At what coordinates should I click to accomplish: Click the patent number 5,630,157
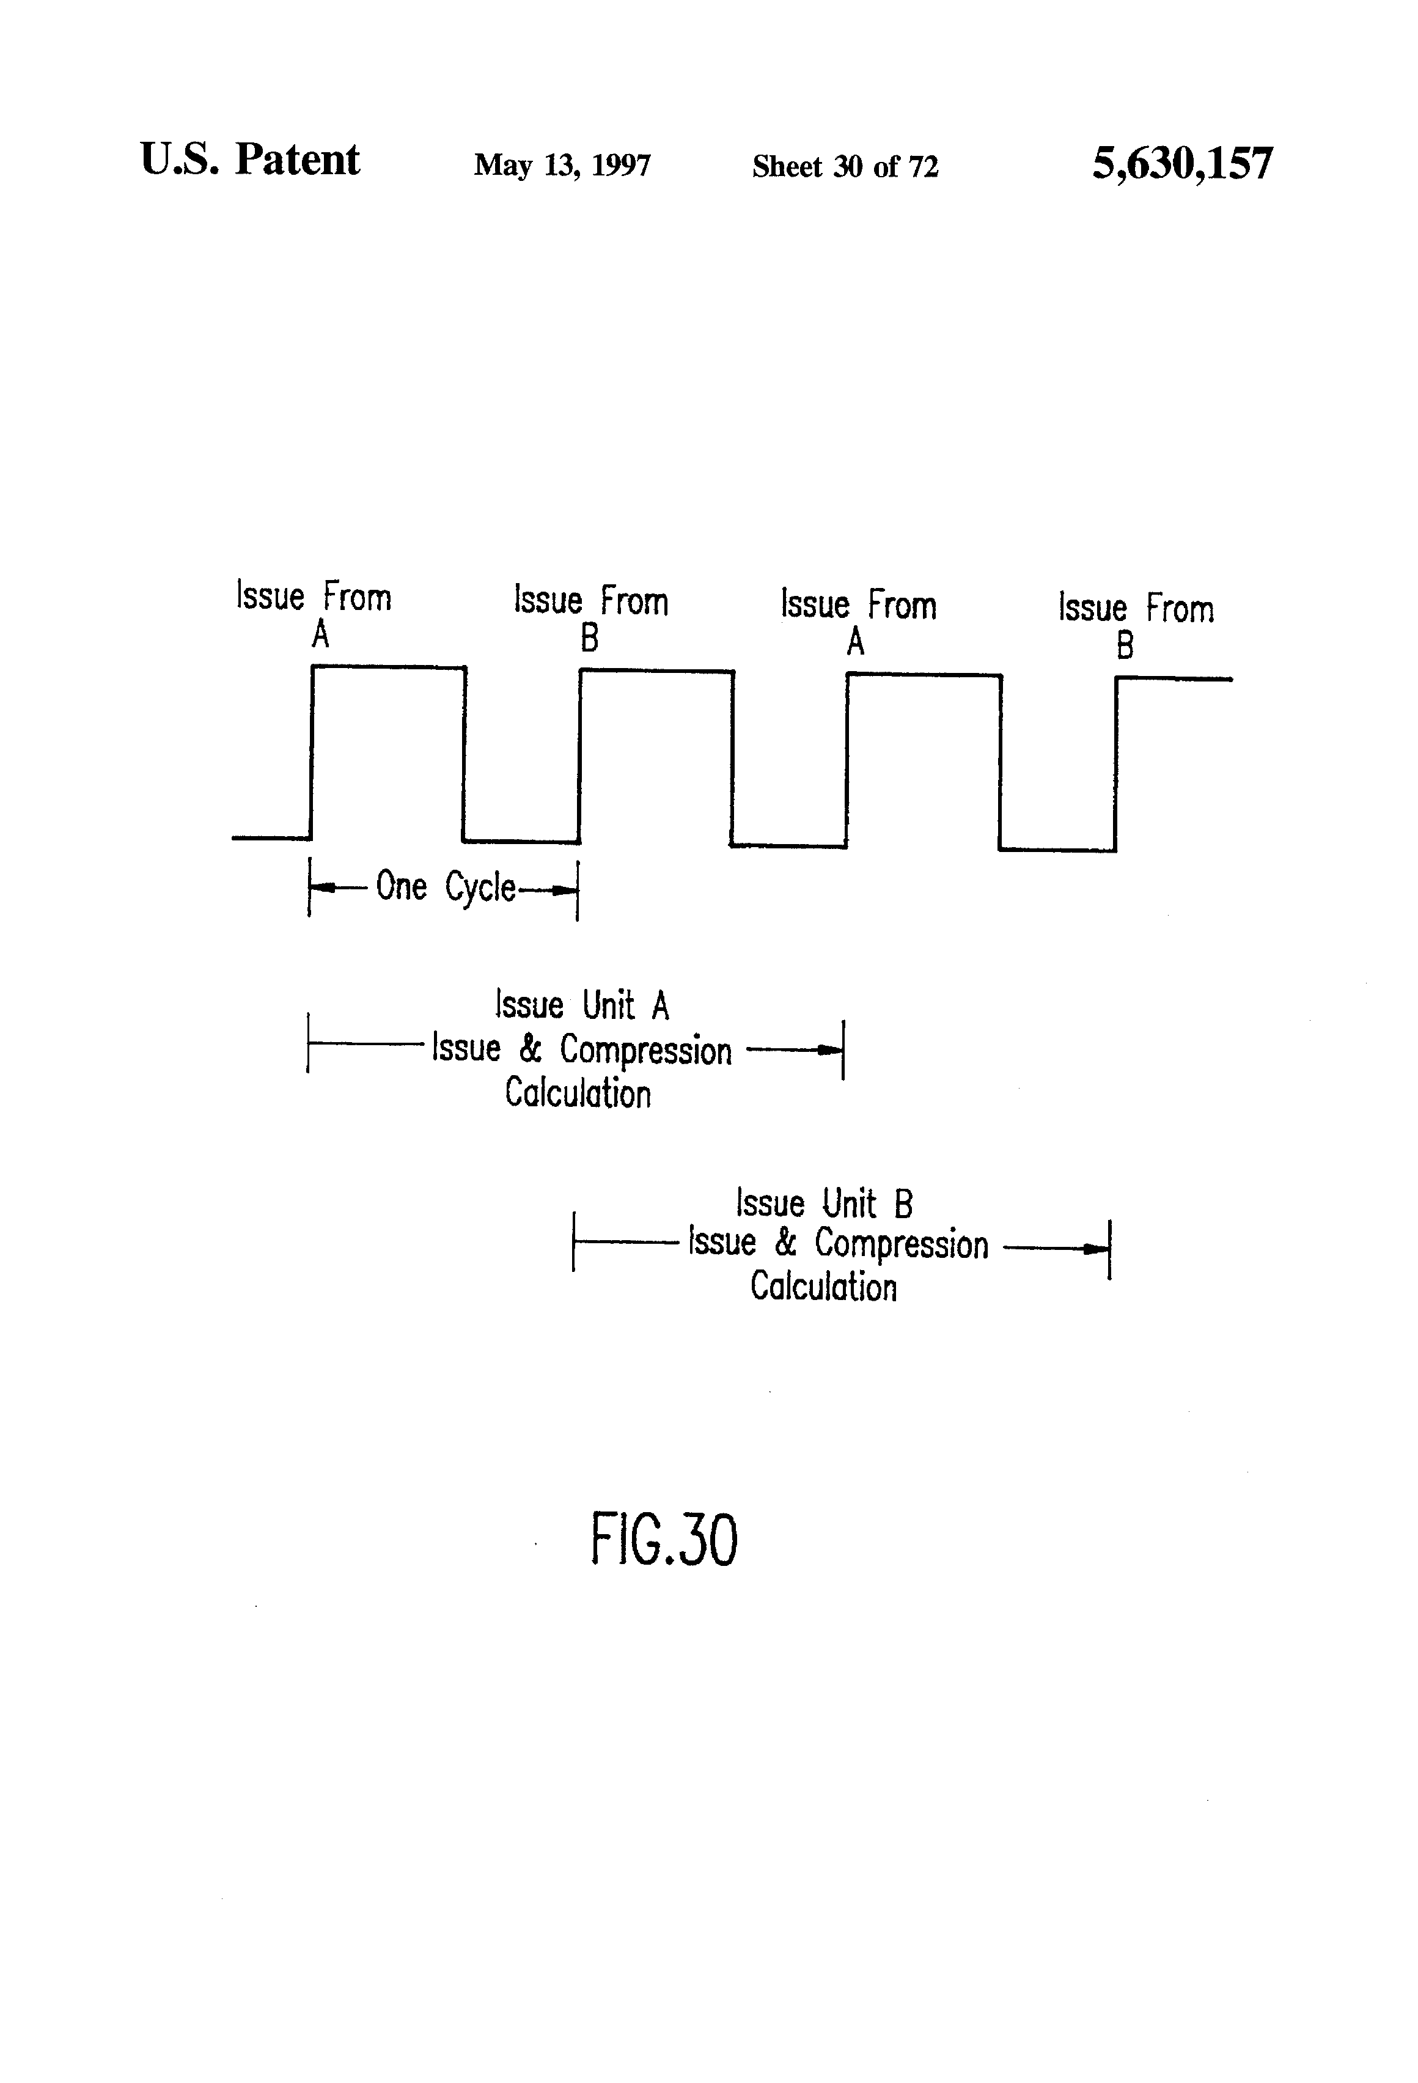pos(1181,164)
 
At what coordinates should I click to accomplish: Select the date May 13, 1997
pos(562,166)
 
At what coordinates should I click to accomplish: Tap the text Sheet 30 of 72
pos(844,167)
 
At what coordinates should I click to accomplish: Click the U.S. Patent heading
pos(249,160)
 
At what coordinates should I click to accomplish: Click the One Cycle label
pos(446,887)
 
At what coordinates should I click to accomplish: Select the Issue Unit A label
pos(582,1005)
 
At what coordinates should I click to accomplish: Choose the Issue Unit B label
pos(824,1203)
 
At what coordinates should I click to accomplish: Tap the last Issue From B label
pos(1135,625)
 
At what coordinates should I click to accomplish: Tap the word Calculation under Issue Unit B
pos(823,1287)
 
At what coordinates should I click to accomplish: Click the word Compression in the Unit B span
pos(901,1245)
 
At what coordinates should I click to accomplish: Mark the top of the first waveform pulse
pos(388,667)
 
